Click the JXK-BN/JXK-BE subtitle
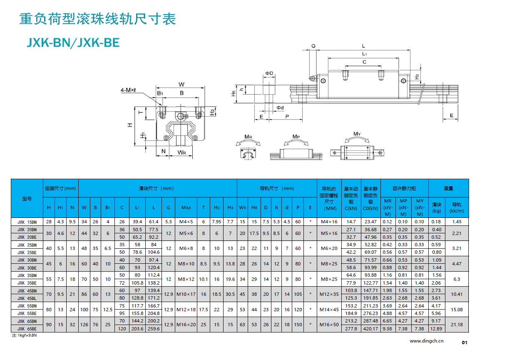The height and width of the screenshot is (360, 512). point(73,42)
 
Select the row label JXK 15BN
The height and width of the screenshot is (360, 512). point(27,222)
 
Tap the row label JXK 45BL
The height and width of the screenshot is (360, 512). point(27,298)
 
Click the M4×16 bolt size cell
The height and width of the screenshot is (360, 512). point(329,222)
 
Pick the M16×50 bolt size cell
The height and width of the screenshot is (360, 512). point(329,325)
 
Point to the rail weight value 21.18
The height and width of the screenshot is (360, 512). point(457,325)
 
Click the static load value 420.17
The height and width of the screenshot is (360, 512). point(370,329)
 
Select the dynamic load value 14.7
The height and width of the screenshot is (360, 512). point(351,222)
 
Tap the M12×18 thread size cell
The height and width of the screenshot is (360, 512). point(186,310)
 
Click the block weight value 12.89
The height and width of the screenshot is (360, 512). point(436,329)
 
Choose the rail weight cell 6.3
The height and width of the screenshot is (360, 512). point(457,279)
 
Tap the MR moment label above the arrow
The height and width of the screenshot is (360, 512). point(248,137)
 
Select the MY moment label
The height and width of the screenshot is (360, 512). point(357,134)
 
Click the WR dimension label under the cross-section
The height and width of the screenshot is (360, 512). point(182,152)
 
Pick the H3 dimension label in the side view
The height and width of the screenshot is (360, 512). point(417,77)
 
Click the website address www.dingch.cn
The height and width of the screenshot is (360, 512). point(427,341)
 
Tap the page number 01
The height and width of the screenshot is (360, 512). point(465,342)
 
